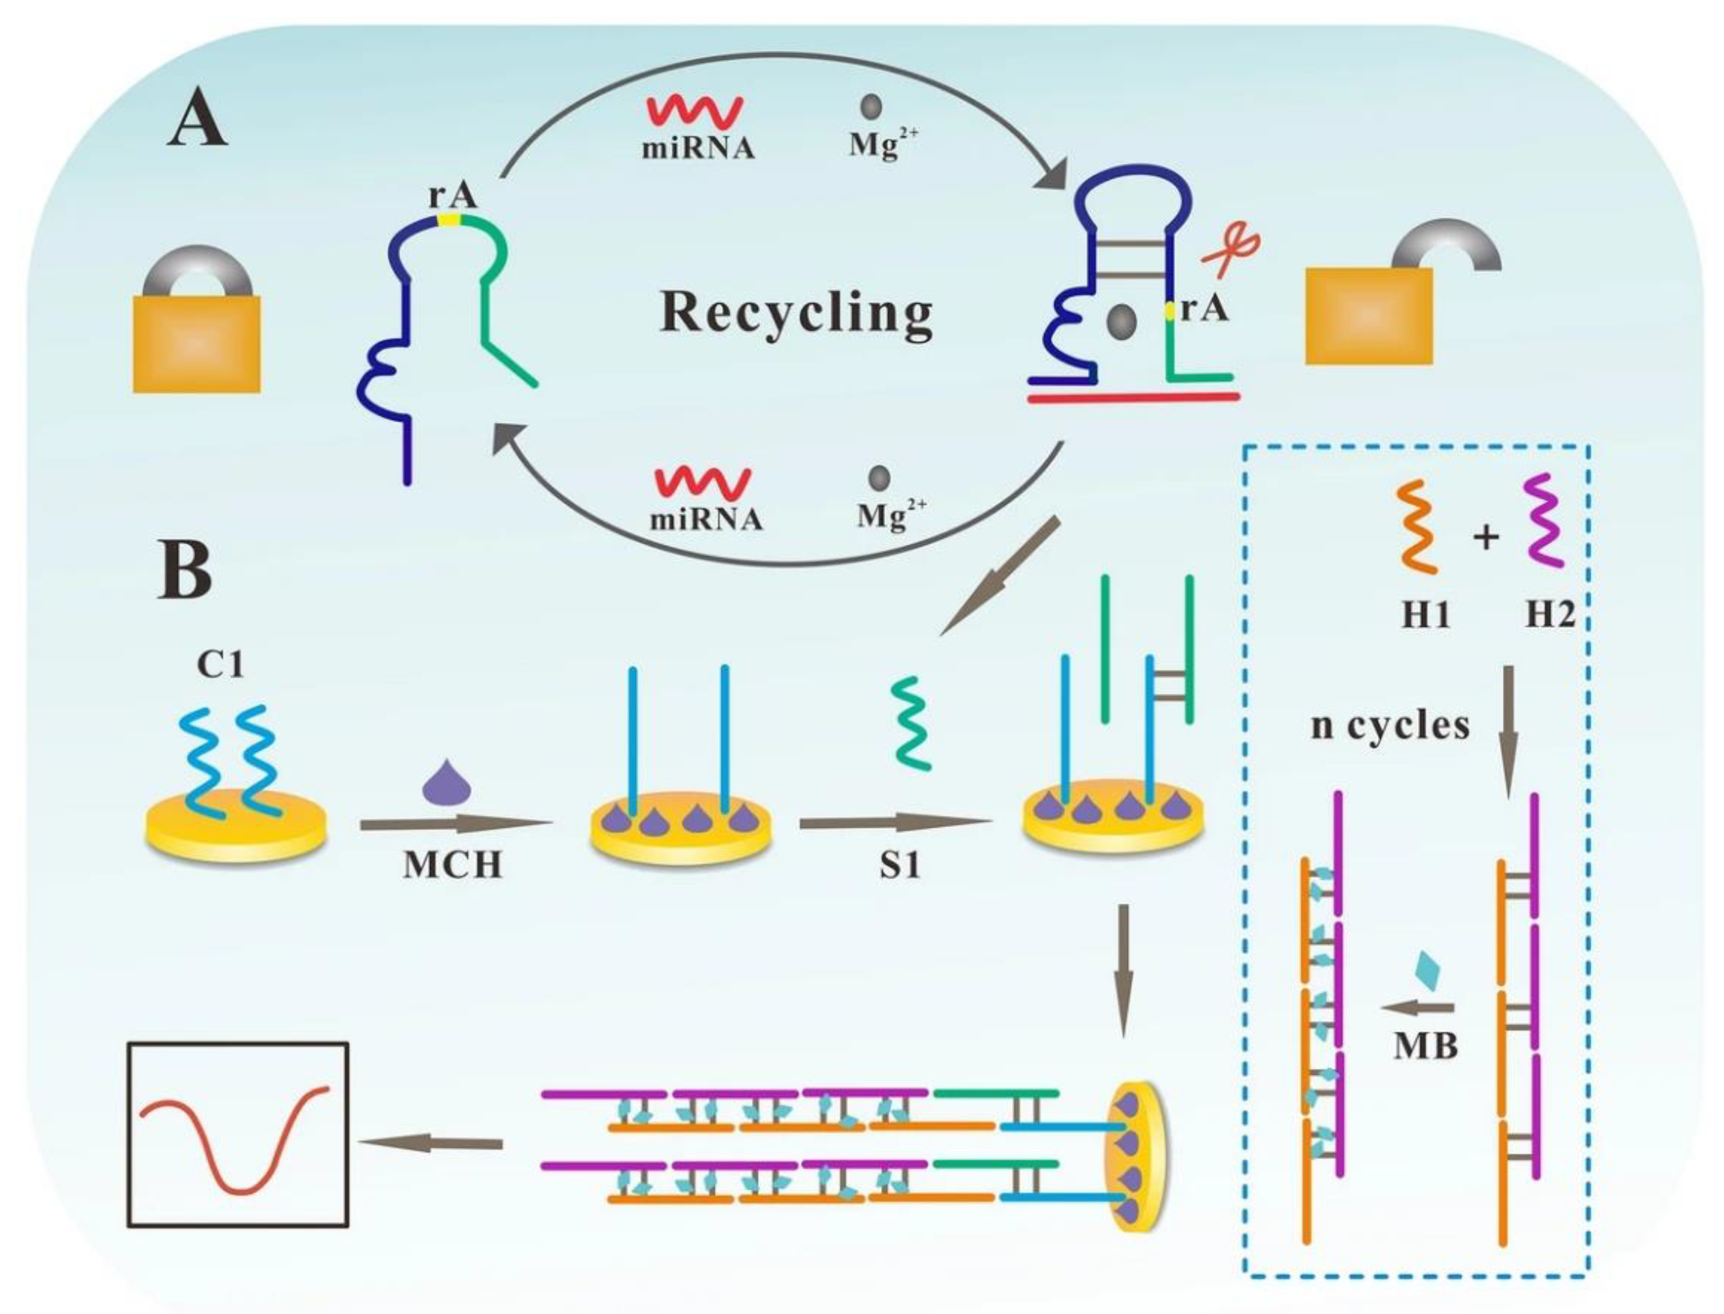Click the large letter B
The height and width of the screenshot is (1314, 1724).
185,570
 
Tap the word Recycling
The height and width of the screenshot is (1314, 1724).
796,314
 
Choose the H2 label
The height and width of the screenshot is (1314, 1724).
1550,616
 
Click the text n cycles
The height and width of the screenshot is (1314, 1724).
1390,726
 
